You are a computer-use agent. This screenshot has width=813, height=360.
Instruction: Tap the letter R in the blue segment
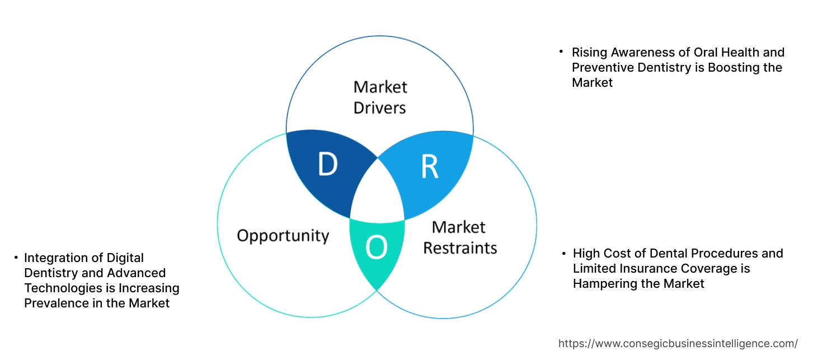tap(429, 167)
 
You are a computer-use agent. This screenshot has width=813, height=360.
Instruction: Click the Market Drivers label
tap(380, 97)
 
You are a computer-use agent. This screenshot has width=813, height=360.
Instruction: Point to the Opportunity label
tap(283, 235)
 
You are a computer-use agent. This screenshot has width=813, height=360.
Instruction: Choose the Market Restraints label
tap(459, 237)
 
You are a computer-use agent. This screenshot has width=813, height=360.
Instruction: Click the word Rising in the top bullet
tap(589, 53)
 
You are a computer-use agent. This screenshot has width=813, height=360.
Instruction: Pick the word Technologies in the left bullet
tap(59, 288)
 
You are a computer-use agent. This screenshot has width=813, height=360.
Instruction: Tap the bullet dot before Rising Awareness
tap(561, 52)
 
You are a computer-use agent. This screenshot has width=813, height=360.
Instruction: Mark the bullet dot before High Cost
tap(564, 253)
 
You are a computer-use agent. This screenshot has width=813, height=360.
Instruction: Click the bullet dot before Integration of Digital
tap(16, 258)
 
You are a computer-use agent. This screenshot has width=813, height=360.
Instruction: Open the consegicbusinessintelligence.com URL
tap(678, 343)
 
